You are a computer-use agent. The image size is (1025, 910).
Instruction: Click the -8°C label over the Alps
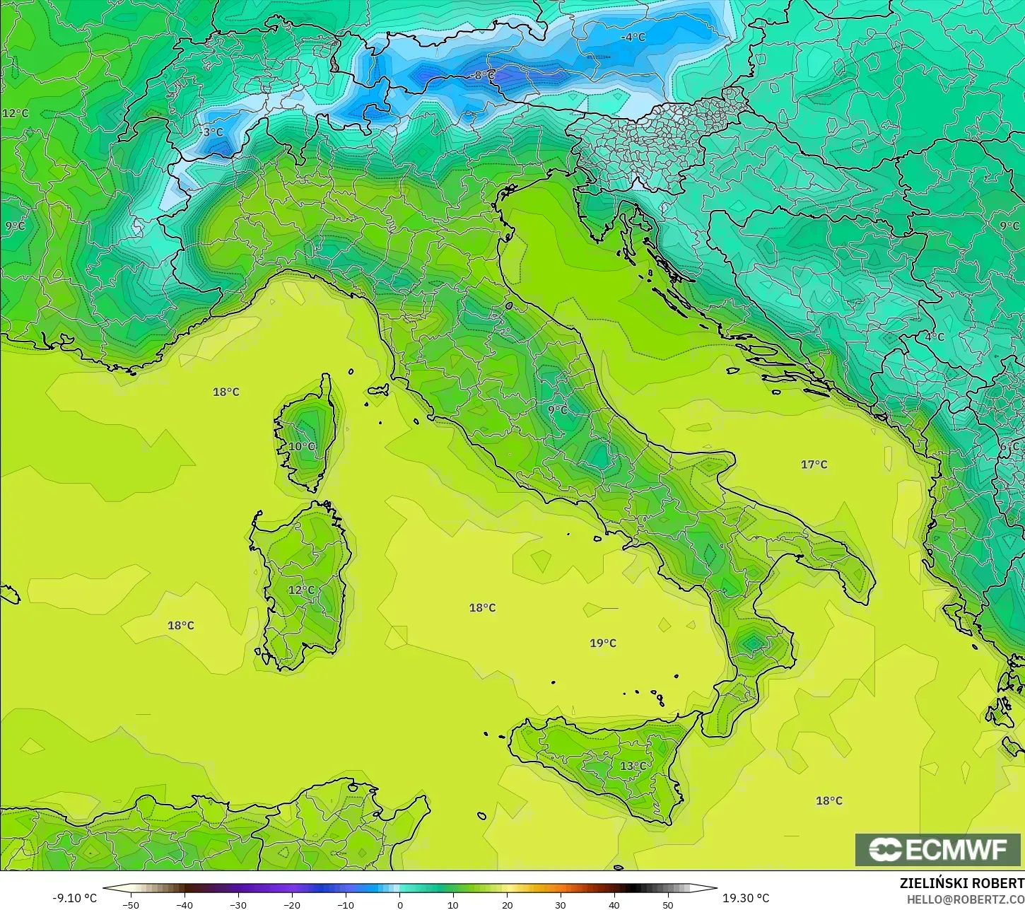tap(484, 74)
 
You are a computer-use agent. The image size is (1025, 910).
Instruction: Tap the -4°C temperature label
tap(633, 37)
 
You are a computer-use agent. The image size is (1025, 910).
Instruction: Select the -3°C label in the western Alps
tap(211, 132)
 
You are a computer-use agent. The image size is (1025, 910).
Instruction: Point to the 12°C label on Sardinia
tap(301, 590)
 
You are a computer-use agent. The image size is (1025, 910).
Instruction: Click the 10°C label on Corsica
tap(302, 446)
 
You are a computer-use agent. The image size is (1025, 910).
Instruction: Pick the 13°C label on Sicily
tap(633, 766)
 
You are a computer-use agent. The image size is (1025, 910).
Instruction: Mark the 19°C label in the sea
tap(603, 643)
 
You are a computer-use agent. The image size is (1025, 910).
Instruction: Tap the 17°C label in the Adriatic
tap(814, 465)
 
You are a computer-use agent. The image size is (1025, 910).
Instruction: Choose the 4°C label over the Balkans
tap(935, 337)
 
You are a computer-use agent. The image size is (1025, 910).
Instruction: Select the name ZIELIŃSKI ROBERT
tap(961, 883)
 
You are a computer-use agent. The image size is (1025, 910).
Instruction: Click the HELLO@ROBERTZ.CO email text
tap(966, 899)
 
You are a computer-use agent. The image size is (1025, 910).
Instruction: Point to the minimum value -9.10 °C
tap(74, 898)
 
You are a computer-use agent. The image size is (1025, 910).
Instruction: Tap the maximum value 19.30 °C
tap(746, 898)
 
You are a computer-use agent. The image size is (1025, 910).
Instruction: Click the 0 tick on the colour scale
tap(399, 904)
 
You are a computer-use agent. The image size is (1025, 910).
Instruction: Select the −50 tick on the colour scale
tap(131, 904)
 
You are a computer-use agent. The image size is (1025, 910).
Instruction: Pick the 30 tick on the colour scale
tap(561, 904)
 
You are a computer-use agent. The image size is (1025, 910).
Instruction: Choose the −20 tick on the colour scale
tap(292, 904)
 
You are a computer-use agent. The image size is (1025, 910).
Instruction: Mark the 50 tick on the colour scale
tap(668, 904)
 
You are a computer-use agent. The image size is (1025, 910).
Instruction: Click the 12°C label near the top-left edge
tap(16, 113)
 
